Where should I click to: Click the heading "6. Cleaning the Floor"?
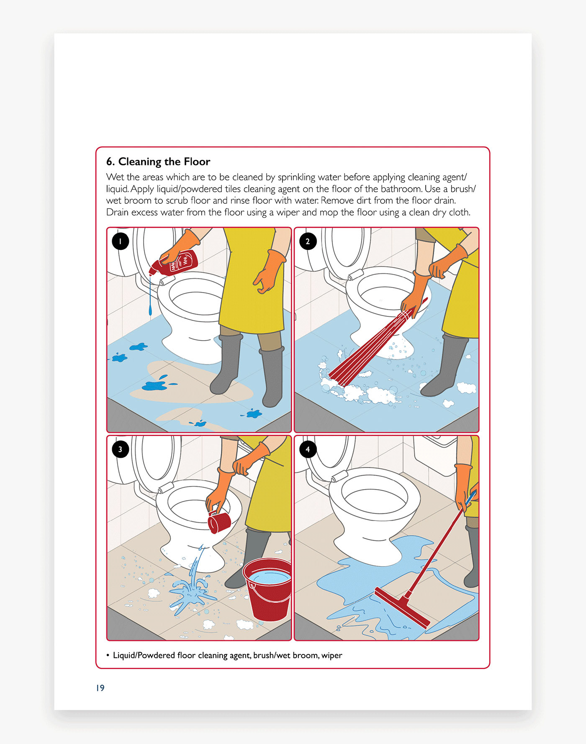click(x=158, y=162)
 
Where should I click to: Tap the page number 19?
click(x=100, y=688)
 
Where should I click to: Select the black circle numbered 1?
click(x=121, y=241)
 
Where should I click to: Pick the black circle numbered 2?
click(x=308, y=241)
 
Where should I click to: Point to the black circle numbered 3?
click(x=121, y=449)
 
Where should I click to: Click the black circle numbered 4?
click(x=308, y=449)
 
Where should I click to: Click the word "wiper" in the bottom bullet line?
click(x=332, y=655)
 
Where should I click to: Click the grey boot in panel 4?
click(x=472, y=557)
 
